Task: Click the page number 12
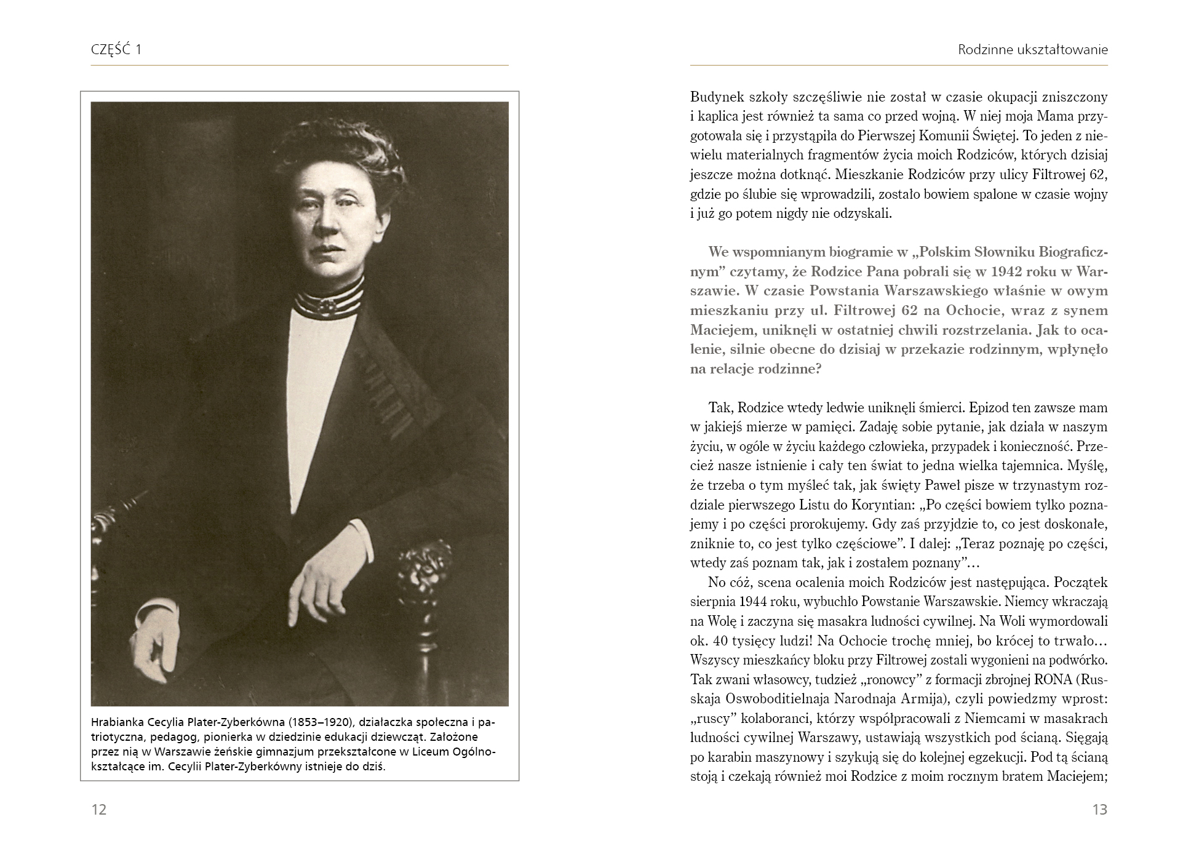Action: click(98, 809)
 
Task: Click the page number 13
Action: click(1099, 809)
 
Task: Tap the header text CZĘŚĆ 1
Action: click(116, 50)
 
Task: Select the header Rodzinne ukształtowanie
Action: click(1032, 50)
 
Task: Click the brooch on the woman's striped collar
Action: click(327, 306)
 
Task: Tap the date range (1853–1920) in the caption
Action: click(321, 722)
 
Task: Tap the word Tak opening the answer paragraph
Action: click(720, 407)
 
